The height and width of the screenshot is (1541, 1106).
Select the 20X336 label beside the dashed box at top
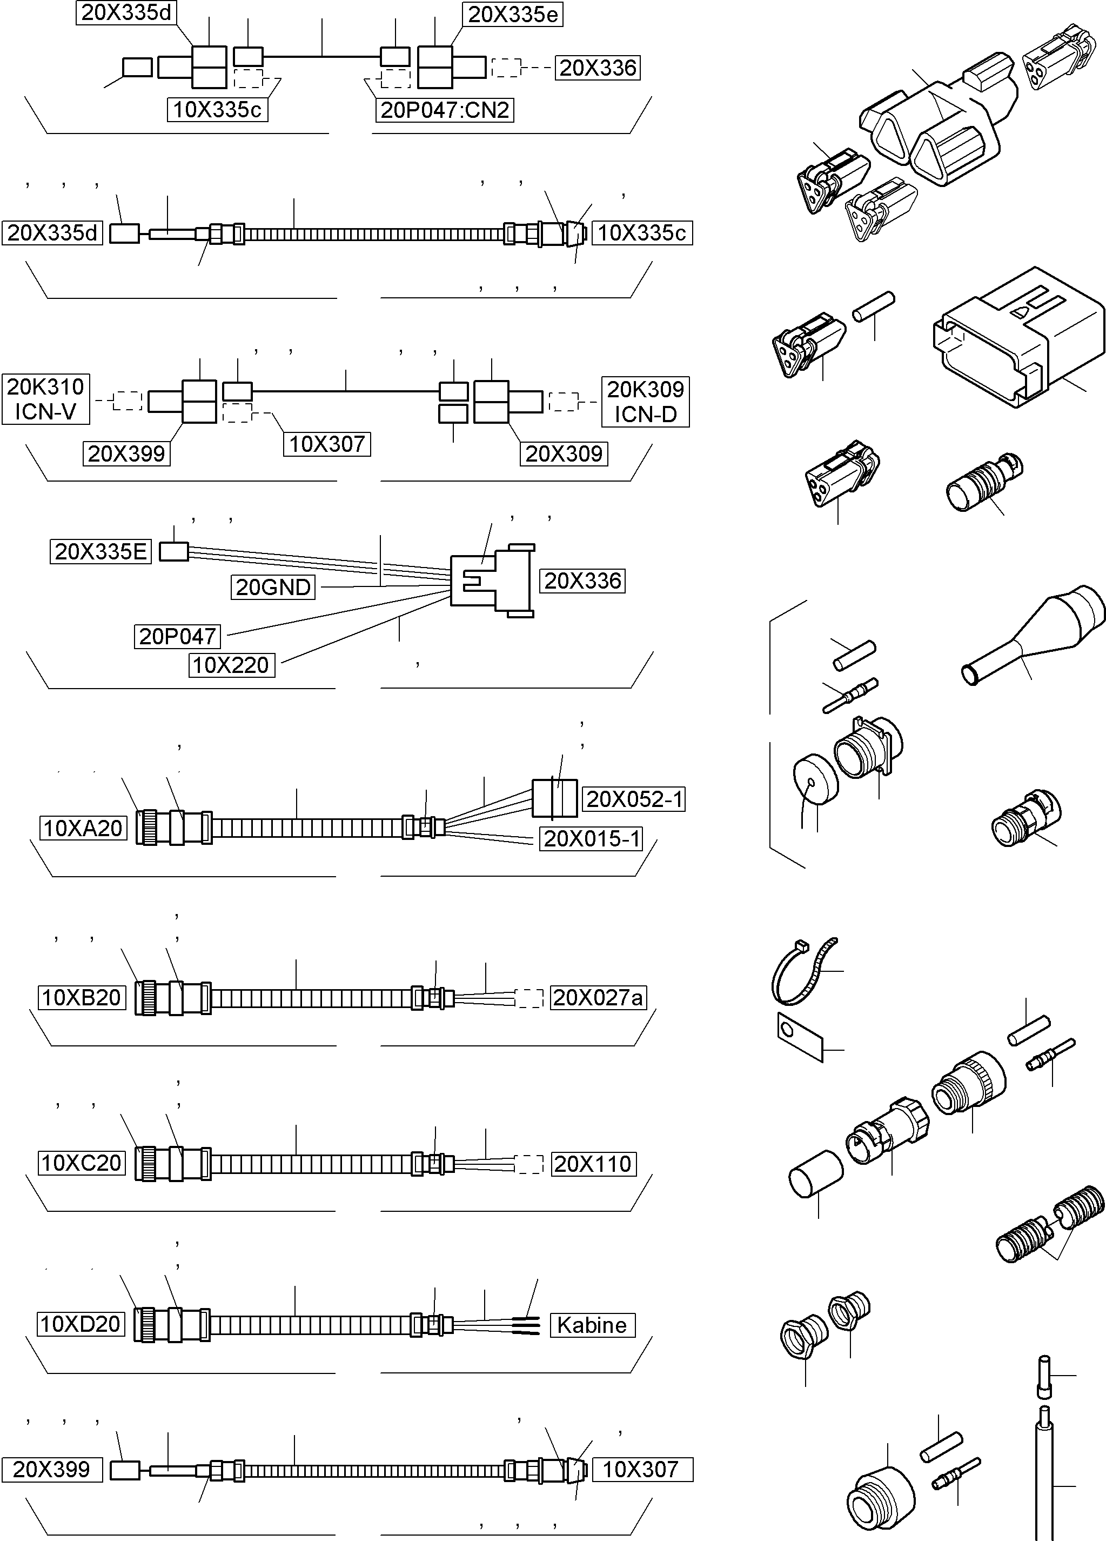tap(597, 68)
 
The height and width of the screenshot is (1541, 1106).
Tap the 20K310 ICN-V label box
tap(45, 399)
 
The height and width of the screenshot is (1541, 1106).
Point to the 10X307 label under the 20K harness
tap(327, 444)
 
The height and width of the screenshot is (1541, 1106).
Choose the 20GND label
tap(273, 587)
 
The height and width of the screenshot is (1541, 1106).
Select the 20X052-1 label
tap(634, 799)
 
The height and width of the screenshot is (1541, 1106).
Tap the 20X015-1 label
tap(592, 838)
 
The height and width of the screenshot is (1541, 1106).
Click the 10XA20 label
tap(83, 828)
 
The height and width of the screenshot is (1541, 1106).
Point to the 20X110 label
tap(592, 1164)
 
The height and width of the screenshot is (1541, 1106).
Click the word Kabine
tap(592, 1325)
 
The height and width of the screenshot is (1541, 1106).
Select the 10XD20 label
tap(81, 1324)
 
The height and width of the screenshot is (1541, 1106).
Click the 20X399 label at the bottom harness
tap(52, 1469)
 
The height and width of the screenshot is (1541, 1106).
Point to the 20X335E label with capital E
tap(100, 552)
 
